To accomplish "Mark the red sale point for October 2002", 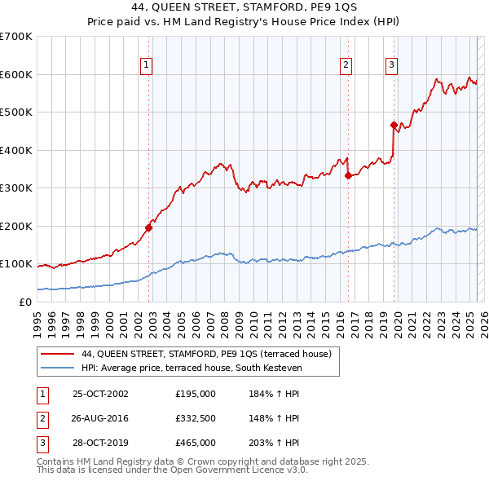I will click(149, 227).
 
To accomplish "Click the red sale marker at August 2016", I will click(348, 175).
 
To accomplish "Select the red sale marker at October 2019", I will click(394, 126).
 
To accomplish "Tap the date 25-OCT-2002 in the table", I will click(100, 394).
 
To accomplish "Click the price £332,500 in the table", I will click(196, 418).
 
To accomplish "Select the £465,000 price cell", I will click(196, 443).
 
